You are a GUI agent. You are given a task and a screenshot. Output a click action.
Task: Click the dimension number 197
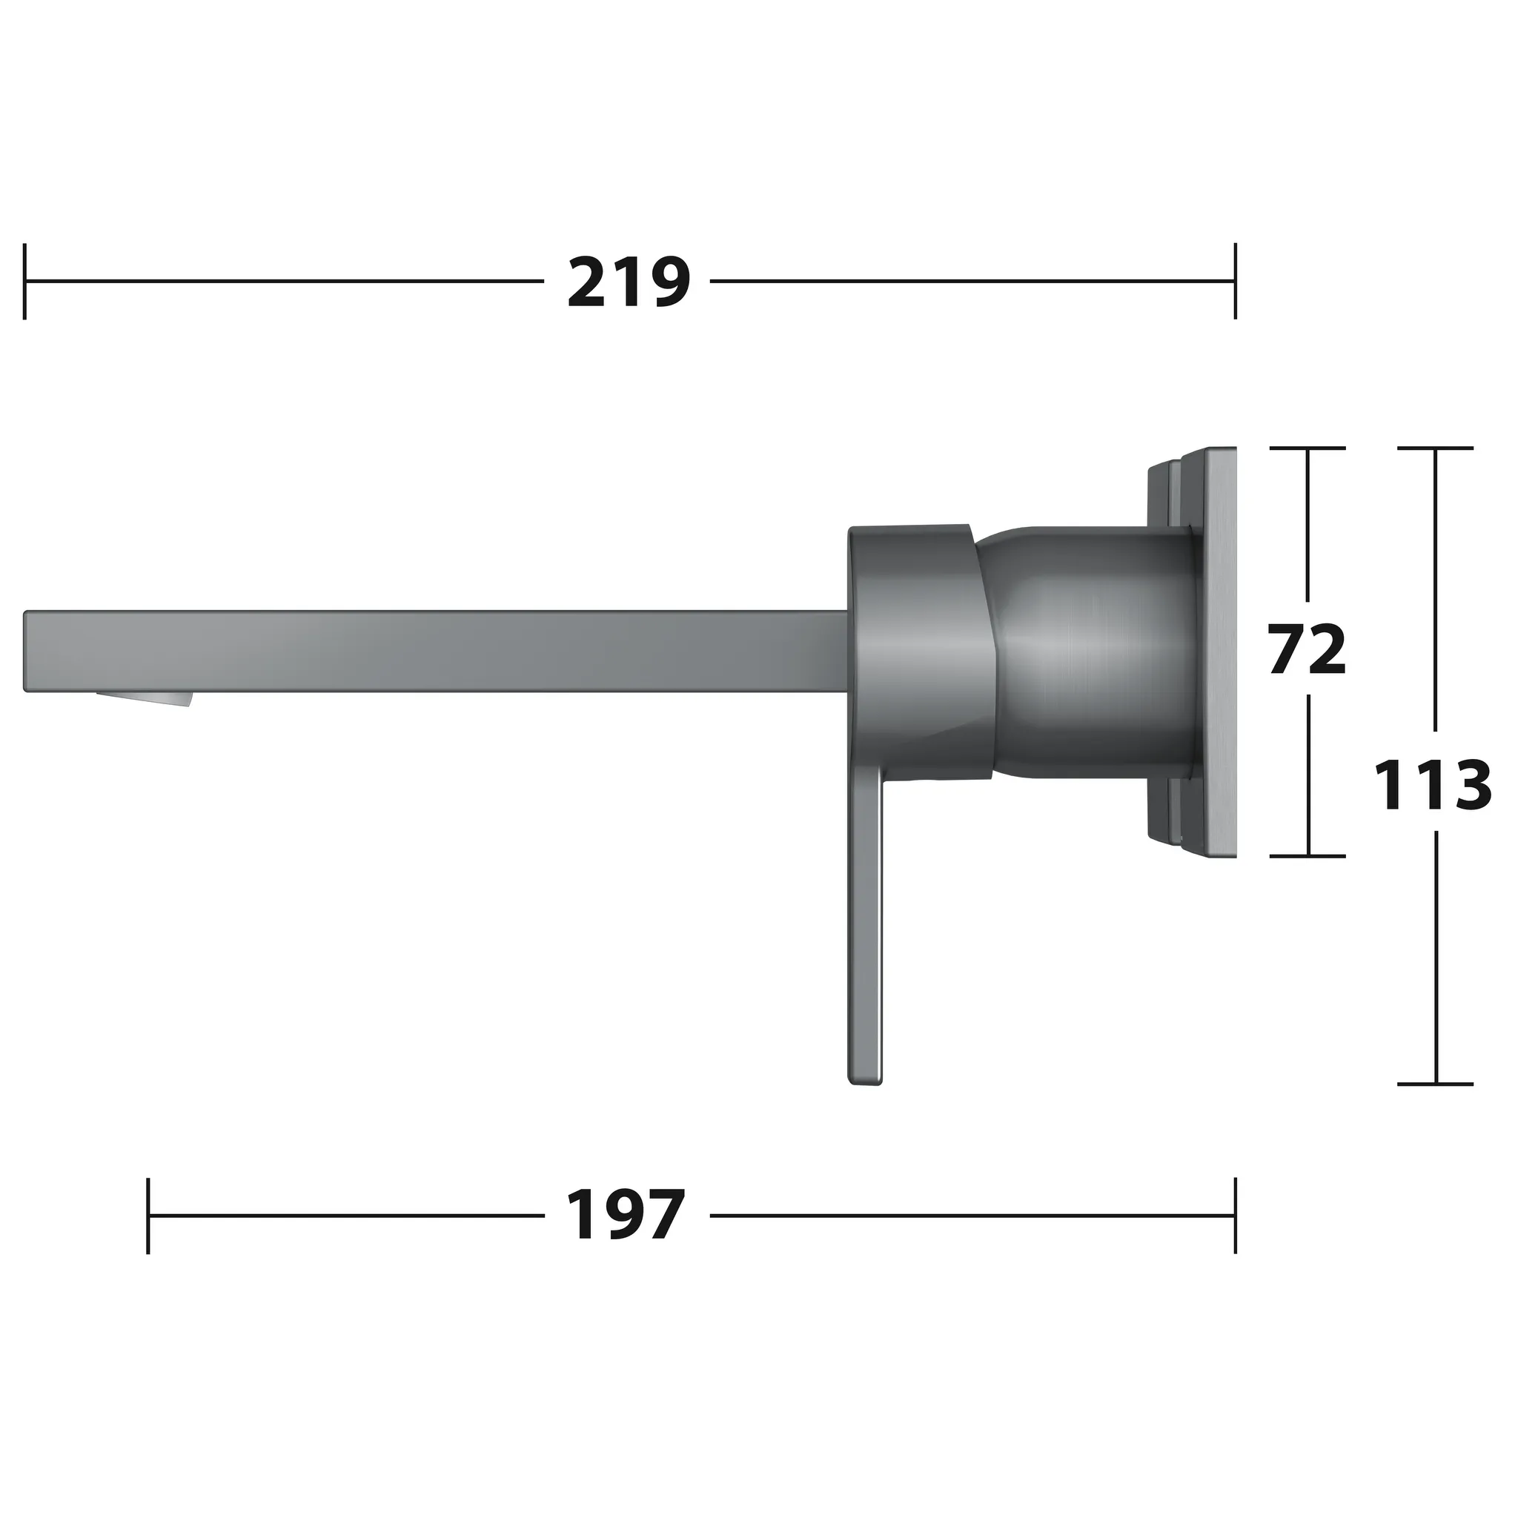(626, 1216)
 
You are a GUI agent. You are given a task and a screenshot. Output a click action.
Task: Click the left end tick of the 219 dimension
(25, 281)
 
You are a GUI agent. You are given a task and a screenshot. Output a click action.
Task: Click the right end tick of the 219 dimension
(1235, 281)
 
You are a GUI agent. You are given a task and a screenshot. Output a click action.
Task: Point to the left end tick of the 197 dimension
(148, 1216)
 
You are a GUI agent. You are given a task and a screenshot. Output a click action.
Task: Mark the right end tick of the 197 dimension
(1235, 1216)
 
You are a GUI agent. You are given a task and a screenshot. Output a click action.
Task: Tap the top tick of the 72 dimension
(1307, 448)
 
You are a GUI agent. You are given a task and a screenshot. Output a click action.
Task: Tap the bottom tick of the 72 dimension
(1307, 855)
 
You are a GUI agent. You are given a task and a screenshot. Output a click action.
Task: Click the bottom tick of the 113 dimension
(1436, 1084)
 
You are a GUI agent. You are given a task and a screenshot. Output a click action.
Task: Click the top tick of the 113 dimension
(1436, 448)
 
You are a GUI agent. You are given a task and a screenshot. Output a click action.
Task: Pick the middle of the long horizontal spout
(436, 652)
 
